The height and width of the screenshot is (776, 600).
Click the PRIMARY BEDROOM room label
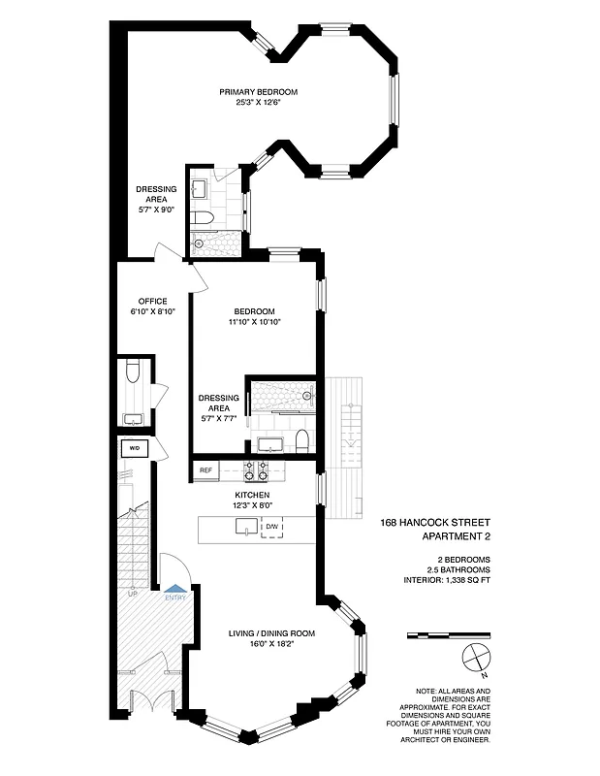coord(258,92)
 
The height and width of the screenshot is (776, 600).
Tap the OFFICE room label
coord(153,301)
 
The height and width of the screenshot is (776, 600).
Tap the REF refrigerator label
coord(205,470)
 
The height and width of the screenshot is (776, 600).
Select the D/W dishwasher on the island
coord(273,527)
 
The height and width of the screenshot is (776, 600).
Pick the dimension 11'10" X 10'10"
coord(255,322)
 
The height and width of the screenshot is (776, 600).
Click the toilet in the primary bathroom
coord(199,216)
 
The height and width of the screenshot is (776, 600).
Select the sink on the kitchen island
coord(246,527)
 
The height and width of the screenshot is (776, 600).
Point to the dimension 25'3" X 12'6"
coord(258,103)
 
